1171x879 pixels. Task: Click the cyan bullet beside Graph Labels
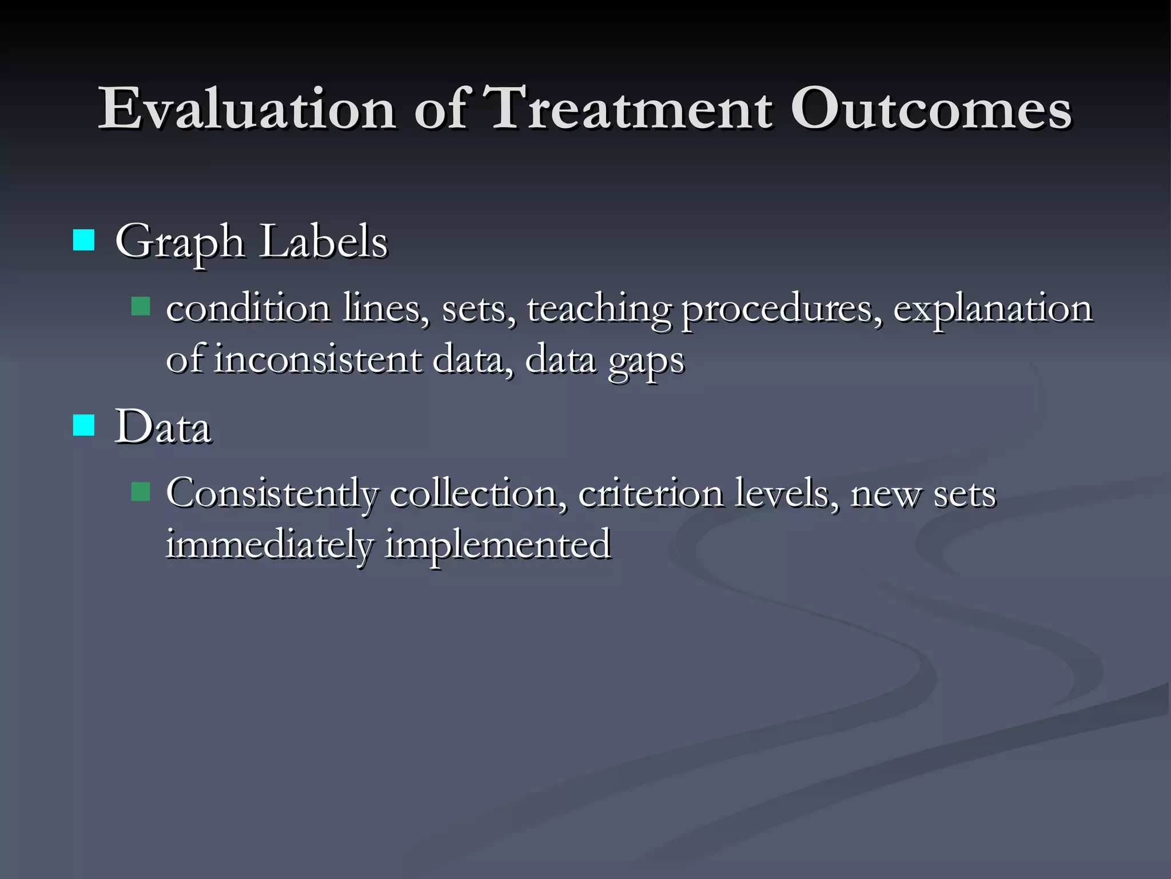point(83,240)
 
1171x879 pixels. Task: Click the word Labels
point(324,241)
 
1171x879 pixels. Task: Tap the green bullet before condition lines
point(141,307)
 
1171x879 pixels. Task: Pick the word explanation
point(993,309)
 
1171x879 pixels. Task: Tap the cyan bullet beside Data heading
point(83,426)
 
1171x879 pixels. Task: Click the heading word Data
point(163,427)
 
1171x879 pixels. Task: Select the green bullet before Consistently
point(141,492)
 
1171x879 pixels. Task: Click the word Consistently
point(272,493)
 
